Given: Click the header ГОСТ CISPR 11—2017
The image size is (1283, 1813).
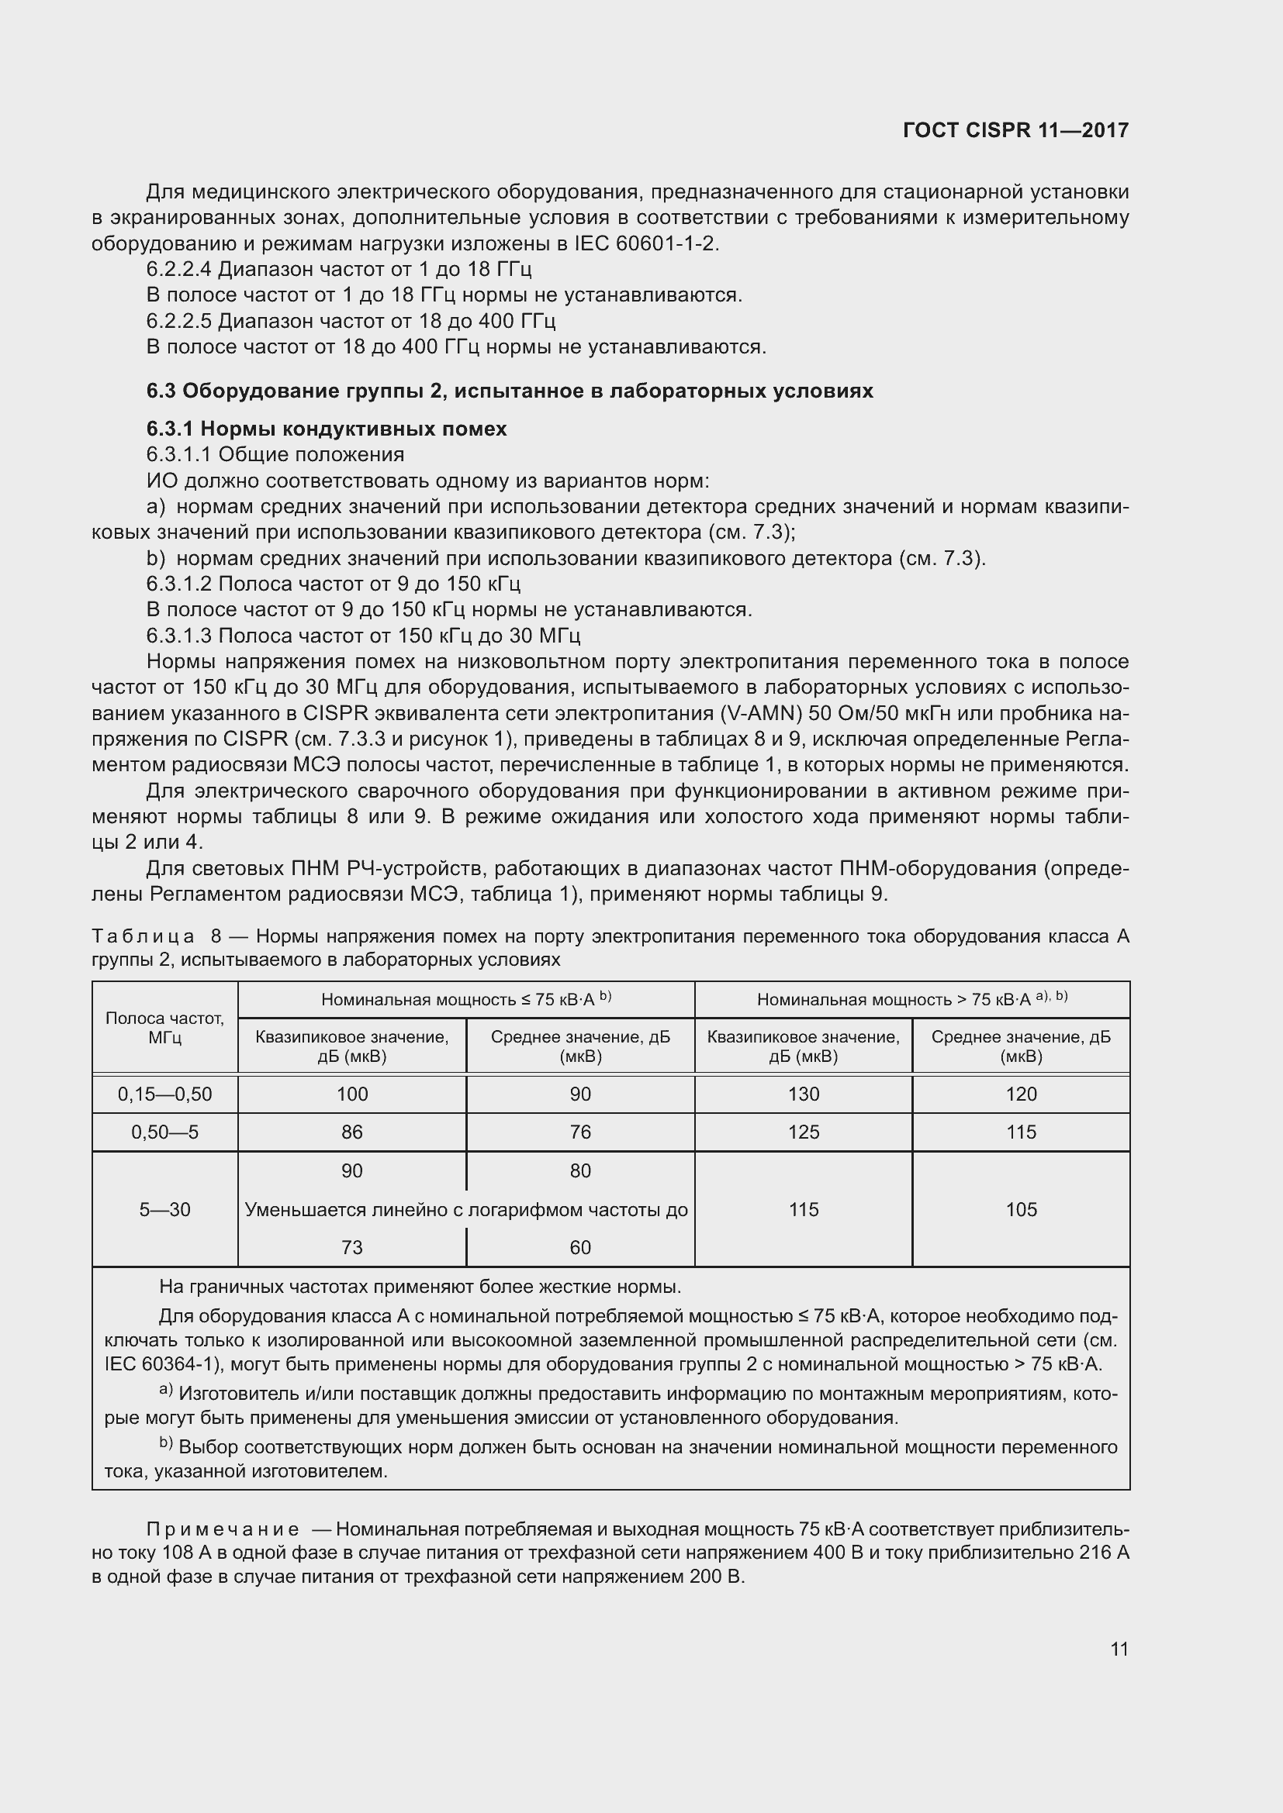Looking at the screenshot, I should click(x=1015, y=130).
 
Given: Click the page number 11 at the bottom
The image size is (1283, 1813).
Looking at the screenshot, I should click(x=1119, y=1649).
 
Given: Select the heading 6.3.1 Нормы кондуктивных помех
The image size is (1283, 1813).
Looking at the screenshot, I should click(x=327, y=429).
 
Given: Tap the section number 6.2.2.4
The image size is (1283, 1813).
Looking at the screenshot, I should click(x=178, y=269).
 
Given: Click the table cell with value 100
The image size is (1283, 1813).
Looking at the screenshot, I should click(x=351, y=1094).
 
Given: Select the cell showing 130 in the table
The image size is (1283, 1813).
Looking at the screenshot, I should click(x=804, y=1094).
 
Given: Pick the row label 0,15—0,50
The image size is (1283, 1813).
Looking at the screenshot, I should click(x=164, y=1094).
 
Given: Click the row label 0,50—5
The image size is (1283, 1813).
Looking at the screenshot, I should click(x=164, y=1132).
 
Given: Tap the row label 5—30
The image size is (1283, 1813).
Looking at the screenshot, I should click(x=164, y=1209).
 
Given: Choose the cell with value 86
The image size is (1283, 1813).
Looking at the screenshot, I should click(x=351, y=1132).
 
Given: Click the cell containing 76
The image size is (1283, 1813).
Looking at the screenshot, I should click(x=580, y=1132).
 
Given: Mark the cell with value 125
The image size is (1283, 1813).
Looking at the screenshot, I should click(x=804, y=1132).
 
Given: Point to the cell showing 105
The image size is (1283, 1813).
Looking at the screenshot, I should click(x=1021, y=1209).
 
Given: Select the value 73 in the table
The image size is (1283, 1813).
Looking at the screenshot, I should click(x=351, y=1248).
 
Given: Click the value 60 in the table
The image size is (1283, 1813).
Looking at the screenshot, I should click(x=580, y=1248).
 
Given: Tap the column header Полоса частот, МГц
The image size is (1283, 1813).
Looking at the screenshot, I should click(x=164, y=1027).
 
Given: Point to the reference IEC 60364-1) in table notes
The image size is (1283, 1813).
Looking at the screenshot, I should click(x=161, y=1364).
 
